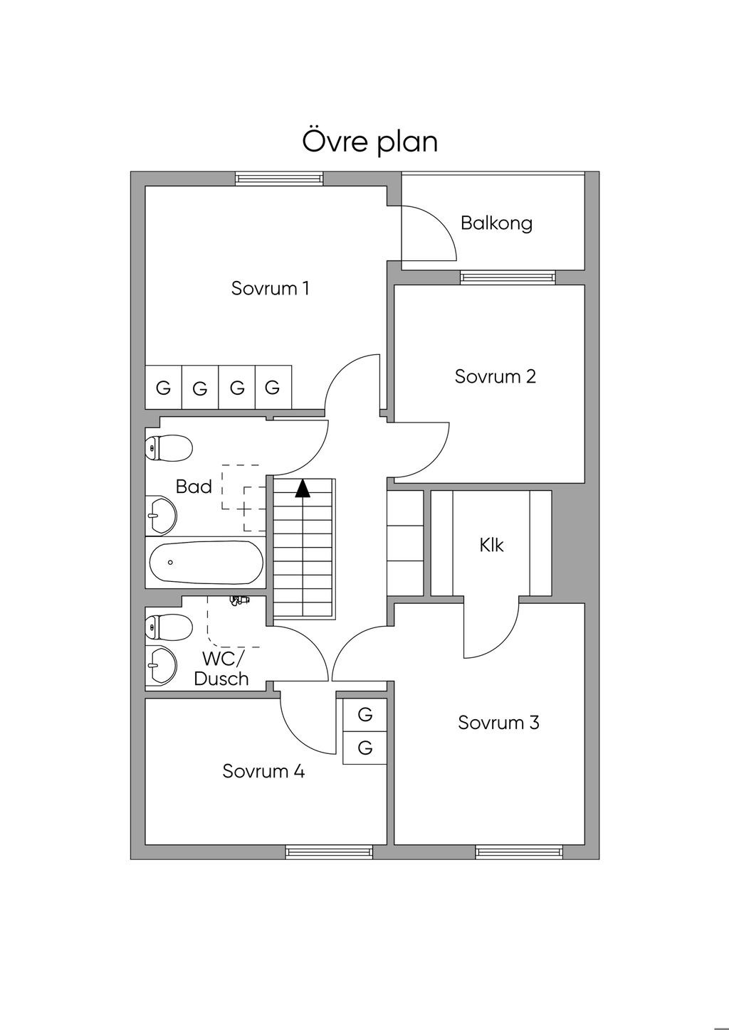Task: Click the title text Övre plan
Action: pos(370,141)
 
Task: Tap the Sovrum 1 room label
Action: pos(270,288)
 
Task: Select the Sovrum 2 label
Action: pos(495,376)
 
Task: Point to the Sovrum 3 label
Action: pos(498,723)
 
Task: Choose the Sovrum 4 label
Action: pos(263,771)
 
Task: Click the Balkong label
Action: pos(496,223)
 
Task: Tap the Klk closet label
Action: pos(491,545)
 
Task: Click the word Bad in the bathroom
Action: pos(194,487)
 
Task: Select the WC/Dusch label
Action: pos(221,669)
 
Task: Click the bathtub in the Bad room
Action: pos(206,562)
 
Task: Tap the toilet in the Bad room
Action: pos(169,447)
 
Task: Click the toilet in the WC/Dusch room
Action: pos(169,627)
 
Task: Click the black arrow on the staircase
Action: pos(303,488)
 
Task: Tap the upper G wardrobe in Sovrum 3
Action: pos(365,713)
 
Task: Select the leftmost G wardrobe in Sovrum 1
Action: pos(164,388)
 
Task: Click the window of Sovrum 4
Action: pos(329,851)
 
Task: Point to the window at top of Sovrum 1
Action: pos(279,179)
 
